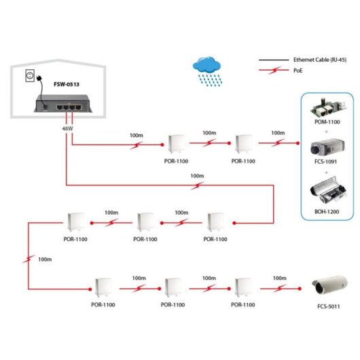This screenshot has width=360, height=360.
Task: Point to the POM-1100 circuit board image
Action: (326, 109)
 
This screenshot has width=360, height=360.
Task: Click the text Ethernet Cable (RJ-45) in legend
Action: (319, 60)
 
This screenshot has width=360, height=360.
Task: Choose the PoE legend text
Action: (300, 69)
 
